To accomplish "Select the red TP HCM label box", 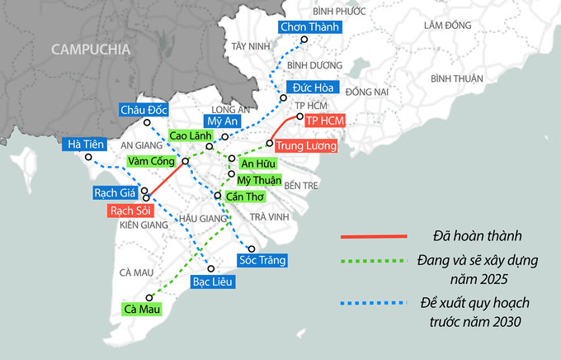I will point(324,121).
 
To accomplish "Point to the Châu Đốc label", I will point(144,110).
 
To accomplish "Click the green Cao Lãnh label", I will point(190,135).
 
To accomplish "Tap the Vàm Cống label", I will point(152,162).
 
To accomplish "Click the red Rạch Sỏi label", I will point(130,211).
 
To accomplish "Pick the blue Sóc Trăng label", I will point(262,261).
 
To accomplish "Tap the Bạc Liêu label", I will point(213,282).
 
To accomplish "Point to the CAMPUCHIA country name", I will point(91,50).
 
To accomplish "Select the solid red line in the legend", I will point(375,236).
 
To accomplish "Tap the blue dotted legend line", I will point(375,302).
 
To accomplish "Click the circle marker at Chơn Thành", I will point(304,40).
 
